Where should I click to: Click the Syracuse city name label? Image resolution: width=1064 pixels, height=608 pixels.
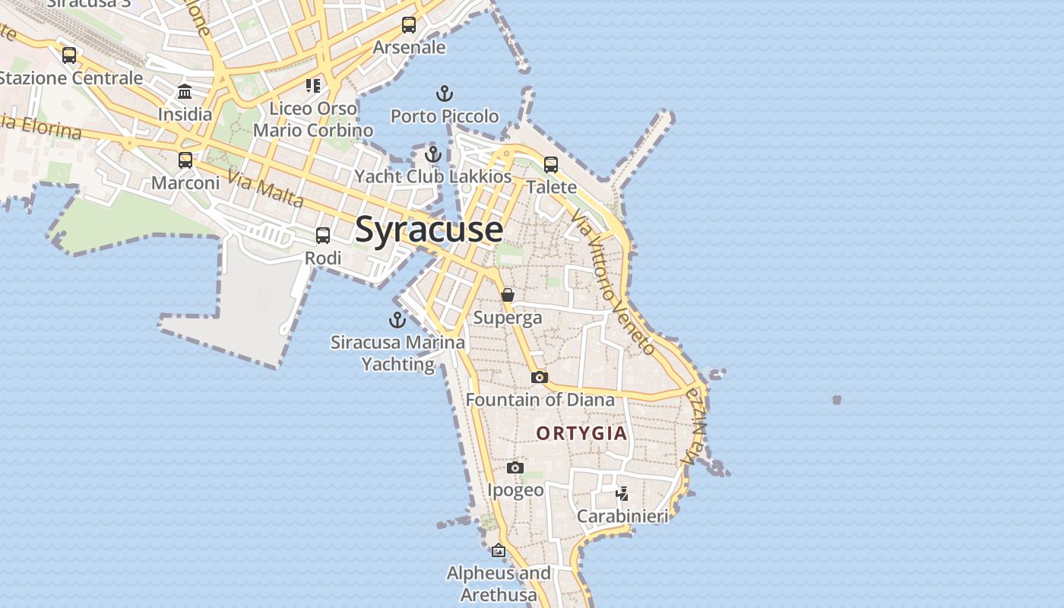[429, 230]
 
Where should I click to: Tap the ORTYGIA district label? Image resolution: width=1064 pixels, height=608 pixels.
[582, 434]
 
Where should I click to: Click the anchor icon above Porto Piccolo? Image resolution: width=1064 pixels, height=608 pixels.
[445, 94]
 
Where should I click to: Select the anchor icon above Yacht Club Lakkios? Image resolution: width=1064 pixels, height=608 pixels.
[433, 154]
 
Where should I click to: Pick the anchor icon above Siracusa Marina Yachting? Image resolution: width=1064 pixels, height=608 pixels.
[397, 320]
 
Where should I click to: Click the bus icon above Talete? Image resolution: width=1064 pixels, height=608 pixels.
[551, 165]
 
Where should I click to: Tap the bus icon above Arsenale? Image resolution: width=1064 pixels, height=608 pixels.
[409, 25]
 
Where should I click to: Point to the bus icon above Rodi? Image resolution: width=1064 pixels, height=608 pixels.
[323, 236]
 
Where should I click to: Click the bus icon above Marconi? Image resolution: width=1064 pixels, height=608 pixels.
[185, 160]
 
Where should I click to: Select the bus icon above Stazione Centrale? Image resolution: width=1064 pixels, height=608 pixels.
[69, 55]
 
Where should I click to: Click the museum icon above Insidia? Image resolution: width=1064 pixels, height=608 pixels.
[185, 93]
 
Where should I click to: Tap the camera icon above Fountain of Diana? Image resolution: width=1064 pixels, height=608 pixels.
[540, 377]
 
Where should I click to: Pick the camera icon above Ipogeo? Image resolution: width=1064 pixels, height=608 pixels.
[515, 468]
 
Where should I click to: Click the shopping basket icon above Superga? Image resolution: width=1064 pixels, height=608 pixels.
[508, 295]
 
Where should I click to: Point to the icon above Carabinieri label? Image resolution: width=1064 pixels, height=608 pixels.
[622, 494]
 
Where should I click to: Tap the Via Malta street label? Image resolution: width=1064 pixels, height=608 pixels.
[265, 190]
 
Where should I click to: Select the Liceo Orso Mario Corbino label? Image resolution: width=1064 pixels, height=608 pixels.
[313, 119]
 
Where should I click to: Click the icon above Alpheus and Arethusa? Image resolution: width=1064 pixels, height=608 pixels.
[499, 550]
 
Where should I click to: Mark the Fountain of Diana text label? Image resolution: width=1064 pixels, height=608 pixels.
[540, 400]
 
